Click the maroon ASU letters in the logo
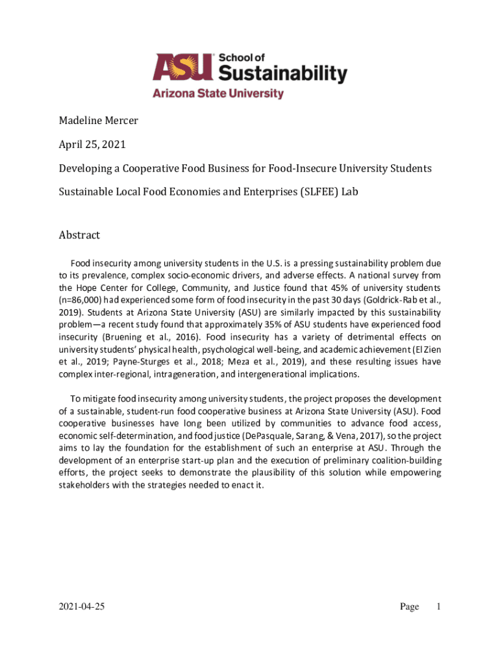click(182, 68)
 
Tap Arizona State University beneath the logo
click(218, 94)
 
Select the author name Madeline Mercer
click(99, 121)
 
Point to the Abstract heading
click(79, 234)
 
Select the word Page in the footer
click(410, 607)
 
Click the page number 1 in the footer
click(439, 607)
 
